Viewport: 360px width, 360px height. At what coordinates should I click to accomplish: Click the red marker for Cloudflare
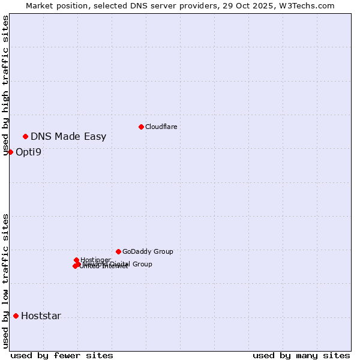(x=141, y=127)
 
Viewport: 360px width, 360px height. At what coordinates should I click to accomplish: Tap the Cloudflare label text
(x=161, y=127)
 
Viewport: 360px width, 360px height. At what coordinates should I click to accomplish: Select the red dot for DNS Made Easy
(x=25, y=136)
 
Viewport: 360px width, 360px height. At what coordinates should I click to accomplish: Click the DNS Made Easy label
(x=68, y=136)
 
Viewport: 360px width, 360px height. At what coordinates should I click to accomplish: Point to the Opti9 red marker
(x=10, y=152)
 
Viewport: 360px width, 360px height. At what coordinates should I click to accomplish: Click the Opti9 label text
(x=28, y=152)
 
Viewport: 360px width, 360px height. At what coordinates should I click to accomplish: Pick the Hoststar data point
(x=16, y=316)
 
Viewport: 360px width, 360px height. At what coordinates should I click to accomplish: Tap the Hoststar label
(x=41, y=316)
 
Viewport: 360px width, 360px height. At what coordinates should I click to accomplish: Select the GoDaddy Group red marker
(x=118, y=251)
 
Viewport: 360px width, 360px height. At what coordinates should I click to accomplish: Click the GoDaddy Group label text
(x=148, y=251)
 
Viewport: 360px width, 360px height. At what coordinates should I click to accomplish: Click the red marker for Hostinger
(x=76, y=260)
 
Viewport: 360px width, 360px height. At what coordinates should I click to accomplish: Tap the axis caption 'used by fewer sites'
(x=62, y=355)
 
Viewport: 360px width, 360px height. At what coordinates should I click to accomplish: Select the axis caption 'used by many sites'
(x=301, y=355)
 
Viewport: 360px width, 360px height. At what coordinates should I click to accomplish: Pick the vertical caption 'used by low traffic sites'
(x=6, y=281)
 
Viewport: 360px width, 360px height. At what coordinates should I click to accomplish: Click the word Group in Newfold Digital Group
(x=142, y=264)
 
